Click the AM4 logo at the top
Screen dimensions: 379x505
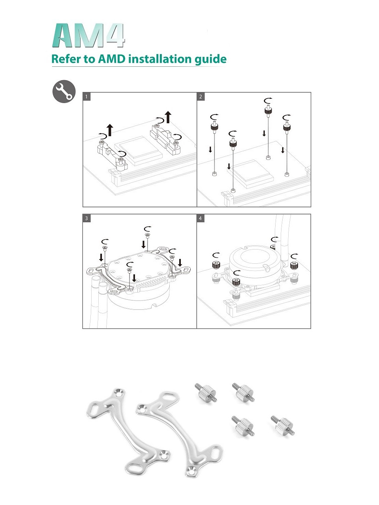coord(88,35)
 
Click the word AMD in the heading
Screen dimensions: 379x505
coord(112,59)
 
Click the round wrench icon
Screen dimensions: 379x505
coord(64,91)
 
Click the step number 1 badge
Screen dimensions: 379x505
coord(86,97)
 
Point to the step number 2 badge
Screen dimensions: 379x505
coord(201,97)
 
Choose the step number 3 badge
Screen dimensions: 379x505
coord(86,218)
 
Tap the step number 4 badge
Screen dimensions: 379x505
coord(201,218)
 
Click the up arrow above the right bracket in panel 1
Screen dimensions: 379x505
coord(168,117)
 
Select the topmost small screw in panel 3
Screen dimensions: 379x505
coord(147,234)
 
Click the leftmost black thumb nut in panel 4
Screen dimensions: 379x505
coord(216,265)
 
